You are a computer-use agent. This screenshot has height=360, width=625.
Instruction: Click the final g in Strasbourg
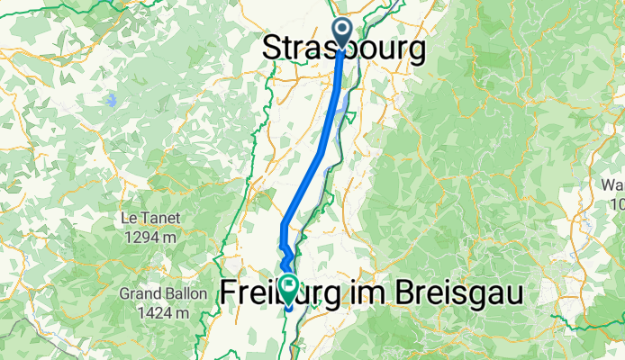coord(416,53)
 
